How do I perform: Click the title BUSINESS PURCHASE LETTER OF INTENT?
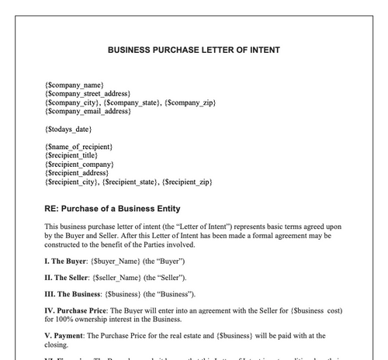[x=194, y=50]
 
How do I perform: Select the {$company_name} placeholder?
[x=74, y=83]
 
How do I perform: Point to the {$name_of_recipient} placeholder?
[x=79, y=146]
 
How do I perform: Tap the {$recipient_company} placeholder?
[x=80, y=164]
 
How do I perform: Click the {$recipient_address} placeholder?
[x=78, y=173]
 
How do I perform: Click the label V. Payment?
[x=66, y=336]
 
